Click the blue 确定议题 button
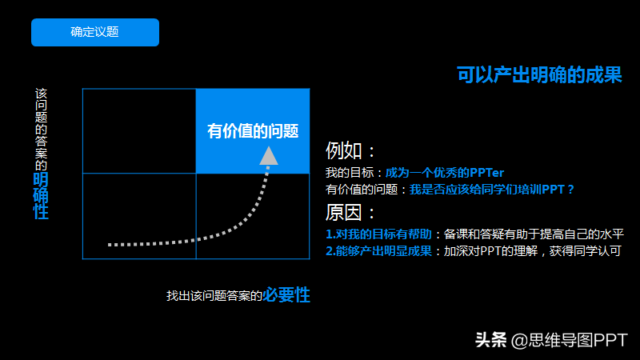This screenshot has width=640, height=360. (x=95, y=32)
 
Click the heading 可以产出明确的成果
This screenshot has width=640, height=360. (x=539, y=74)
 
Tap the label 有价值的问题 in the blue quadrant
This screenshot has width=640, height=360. (x=253, y=131)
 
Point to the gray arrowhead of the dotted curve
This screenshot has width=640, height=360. (x=269, y=156)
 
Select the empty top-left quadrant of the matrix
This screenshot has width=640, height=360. (x=139, y=131)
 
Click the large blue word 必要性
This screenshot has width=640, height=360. (x=286, y=294)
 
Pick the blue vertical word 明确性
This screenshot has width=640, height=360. (x=41, y=196)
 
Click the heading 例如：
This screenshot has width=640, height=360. (x=350, y=150)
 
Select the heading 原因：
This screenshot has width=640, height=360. (x=350, y=213)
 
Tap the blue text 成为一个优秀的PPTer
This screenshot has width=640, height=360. (x=445, y=173)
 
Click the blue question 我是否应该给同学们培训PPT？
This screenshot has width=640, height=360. (x=492, y=190)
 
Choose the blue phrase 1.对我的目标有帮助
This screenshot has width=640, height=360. (x=378, y=234)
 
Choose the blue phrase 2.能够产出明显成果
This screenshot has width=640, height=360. (x=378, y=251)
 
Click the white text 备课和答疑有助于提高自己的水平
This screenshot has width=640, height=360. (x=534, y=234)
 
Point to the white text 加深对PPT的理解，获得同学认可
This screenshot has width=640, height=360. (x=532, y=251)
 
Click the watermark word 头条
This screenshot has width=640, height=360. (x=490, y=340)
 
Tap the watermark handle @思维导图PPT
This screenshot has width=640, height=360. (x=569, y=340)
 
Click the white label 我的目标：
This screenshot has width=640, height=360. (x=354, y=173)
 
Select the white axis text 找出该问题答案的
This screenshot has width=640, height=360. (x=214, y=296)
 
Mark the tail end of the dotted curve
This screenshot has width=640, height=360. (x=110, y=245)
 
